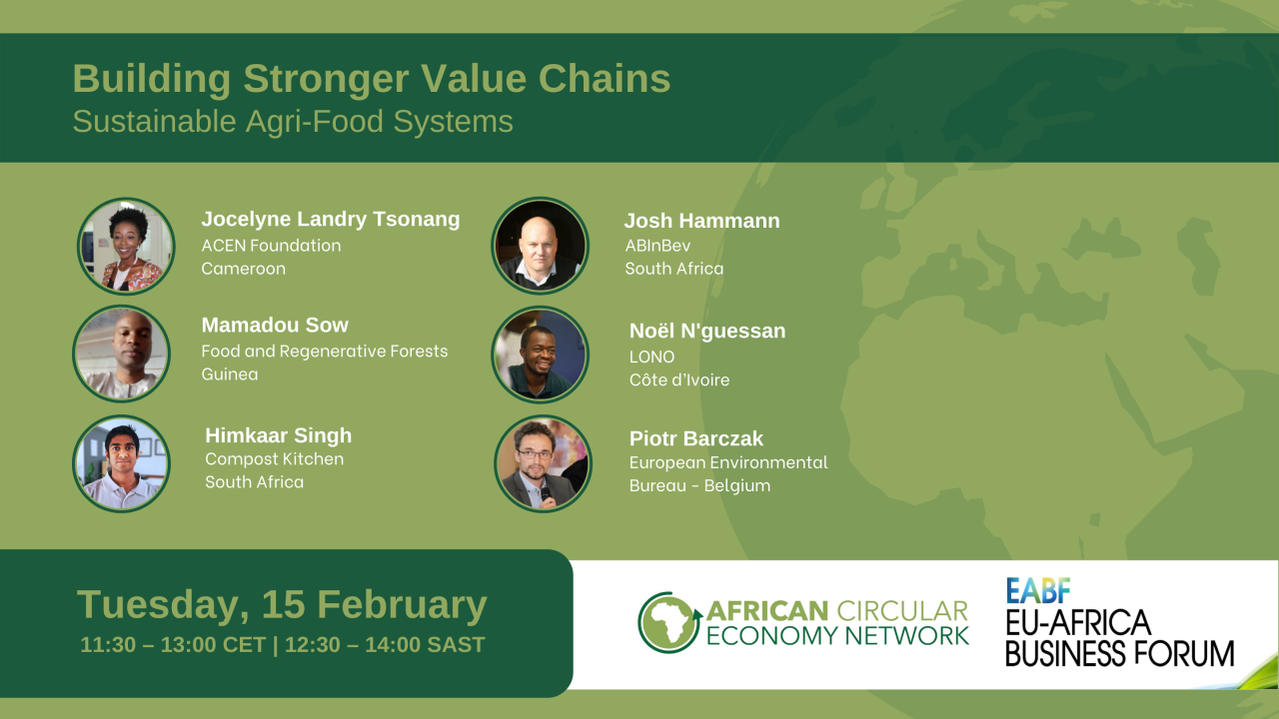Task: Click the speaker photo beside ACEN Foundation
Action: tap(126, 246)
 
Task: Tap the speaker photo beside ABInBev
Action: tap(541, 246)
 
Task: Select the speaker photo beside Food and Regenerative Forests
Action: tap(121, 354)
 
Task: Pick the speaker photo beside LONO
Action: tap(541, 354)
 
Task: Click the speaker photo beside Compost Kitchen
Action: tap(121, 462)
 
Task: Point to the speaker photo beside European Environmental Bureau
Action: tap(543, 462)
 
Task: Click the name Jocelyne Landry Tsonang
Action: tap(331, 220)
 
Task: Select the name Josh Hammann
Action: tap(701, 221)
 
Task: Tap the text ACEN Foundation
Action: tap(271, 246)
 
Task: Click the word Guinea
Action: tap(230, 374)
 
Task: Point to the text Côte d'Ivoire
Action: tap(679, 379)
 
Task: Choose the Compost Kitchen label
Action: tap(275, 458)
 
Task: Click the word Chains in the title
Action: tap(605, 78)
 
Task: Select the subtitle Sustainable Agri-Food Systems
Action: tap(293, 122)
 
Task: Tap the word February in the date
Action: tap(402, 605)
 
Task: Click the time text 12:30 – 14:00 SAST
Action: tap(385, 645)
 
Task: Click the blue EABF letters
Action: tap(1038, 590)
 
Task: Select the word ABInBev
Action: tap(657, 246)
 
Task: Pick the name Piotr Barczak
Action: tap(696, 438)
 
